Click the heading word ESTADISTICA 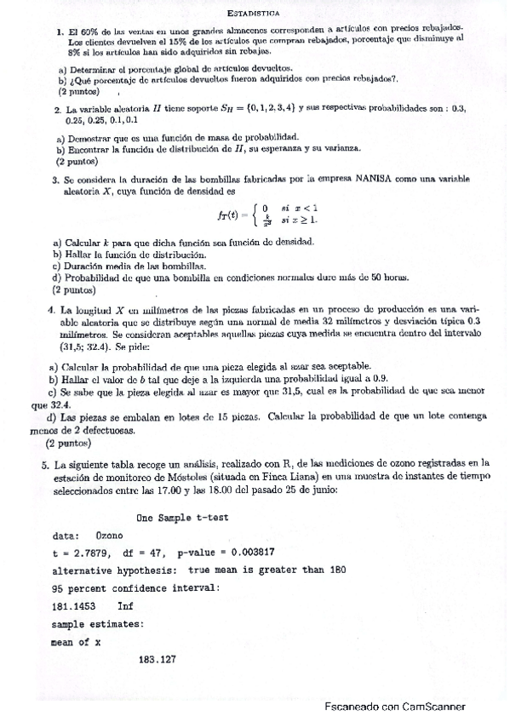coord(255,14)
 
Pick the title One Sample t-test coord(181,518)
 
